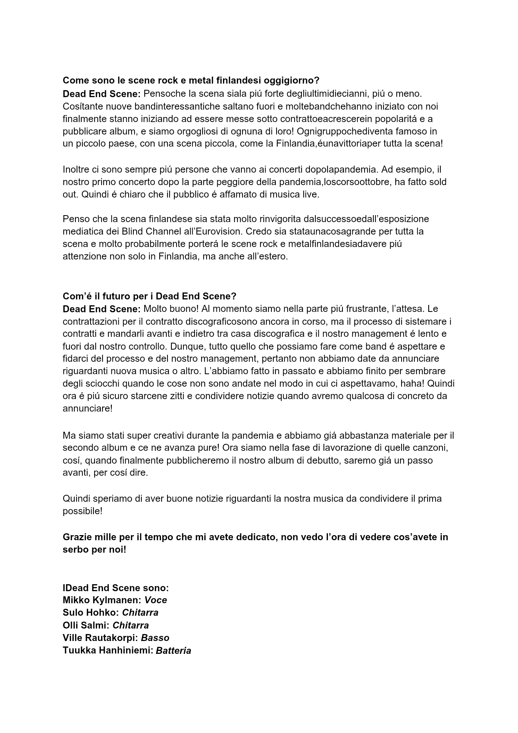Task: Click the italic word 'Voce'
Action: [x=156, y=600]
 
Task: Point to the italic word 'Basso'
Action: [x=155, y=638]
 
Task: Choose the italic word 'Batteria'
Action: [x=173, y=651]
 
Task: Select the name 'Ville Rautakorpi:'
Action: [x=100, y=638]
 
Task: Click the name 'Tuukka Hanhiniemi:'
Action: [x=108, y=651]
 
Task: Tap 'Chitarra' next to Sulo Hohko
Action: [x=140, y=613]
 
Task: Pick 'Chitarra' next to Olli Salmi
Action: [x=130, y=625]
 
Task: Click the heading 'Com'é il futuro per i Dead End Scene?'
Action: [x=149, y=296]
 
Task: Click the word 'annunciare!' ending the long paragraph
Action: [x=88, y=409]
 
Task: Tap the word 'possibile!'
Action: [x=82, y=511]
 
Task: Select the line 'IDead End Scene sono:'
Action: [x=116, y=588]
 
